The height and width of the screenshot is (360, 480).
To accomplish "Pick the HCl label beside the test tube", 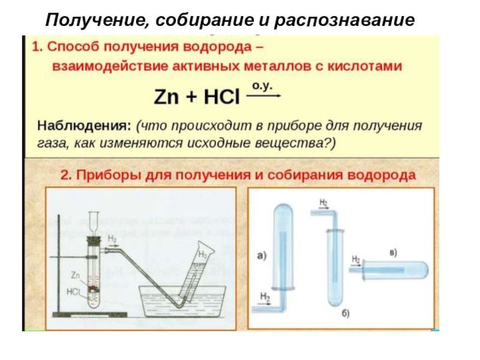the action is click(74, 292).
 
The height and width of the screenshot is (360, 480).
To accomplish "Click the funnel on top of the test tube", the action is click(94, 220).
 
